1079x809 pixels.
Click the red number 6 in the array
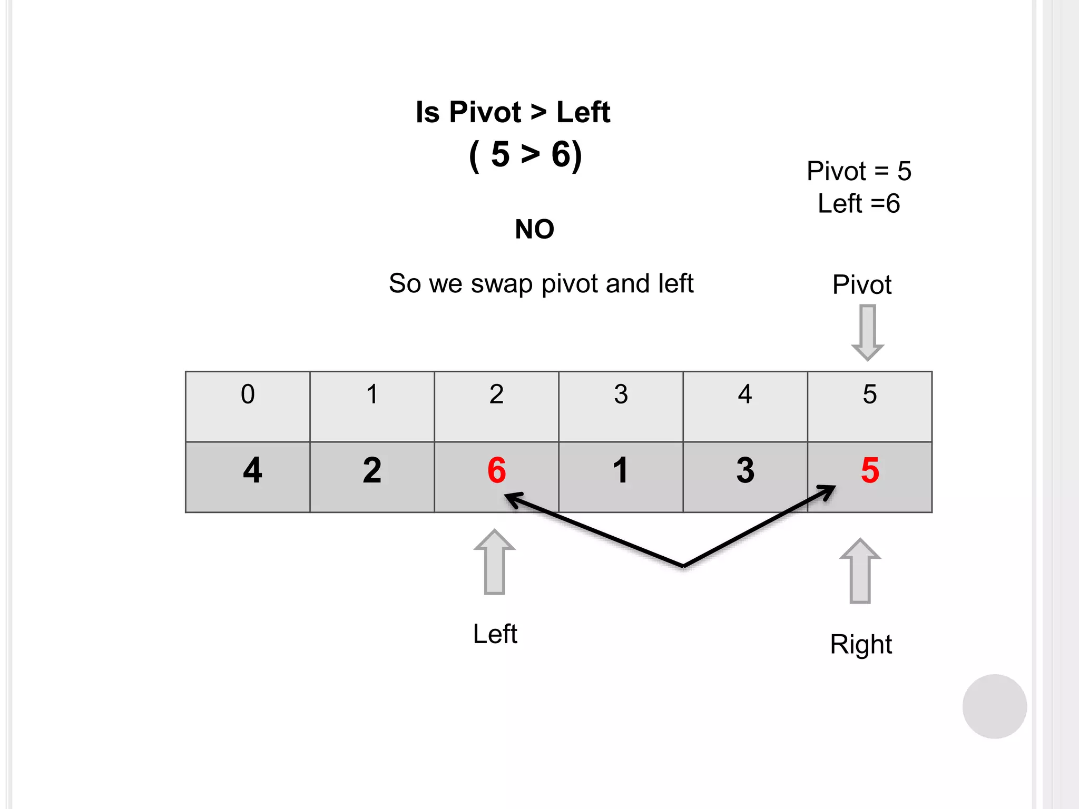point(496,470)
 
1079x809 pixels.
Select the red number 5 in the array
point(870,470)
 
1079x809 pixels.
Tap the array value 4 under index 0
point(252,470)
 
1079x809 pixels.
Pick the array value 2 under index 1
point(372,470)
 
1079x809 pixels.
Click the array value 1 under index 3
point(621,470)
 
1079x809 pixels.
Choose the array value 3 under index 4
point(746,470)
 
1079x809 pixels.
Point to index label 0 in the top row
point(248,394)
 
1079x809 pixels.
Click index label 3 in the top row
point(621,394)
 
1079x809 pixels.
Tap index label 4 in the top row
point(745,394)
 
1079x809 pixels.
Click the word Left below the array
point(495,634)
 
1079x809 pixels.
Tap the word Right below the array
point(861,644)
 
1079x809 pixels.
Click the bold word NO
point(534,229)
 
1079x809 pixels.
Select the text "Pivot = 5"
point(859,171)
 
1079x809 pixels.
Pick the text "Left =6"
point(859,203)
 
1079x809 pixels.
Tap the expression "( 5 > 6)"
point(525,155)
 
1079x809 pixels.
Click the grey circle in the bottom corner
point(994,706)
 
